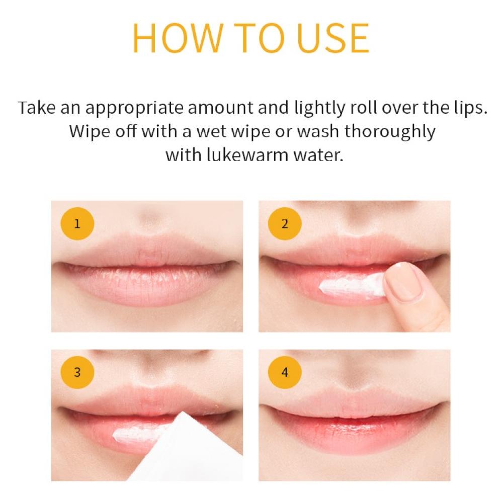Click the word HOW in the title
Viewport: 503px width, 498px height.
pos(178,38)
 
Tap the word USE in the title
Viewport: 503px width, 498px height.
pos(333,38)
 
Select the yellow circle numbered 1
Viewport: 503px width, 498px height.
pos(77,224)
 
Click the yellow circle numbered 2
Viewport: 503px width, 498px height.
pos(285,224)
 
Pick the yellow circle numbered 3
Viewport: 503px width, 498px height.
pos(77,372)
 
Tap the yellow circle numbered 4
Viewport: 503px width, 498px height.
pos(285,372)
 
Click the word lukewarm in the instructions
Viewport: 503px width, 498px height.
pos(247,155)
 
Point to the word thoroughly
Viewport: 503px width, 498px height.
pos(390,132)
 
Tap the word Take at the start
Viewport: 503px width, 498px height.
pos(37,108)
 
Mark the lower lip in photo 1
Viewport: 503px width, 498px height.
pos(146,286)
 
